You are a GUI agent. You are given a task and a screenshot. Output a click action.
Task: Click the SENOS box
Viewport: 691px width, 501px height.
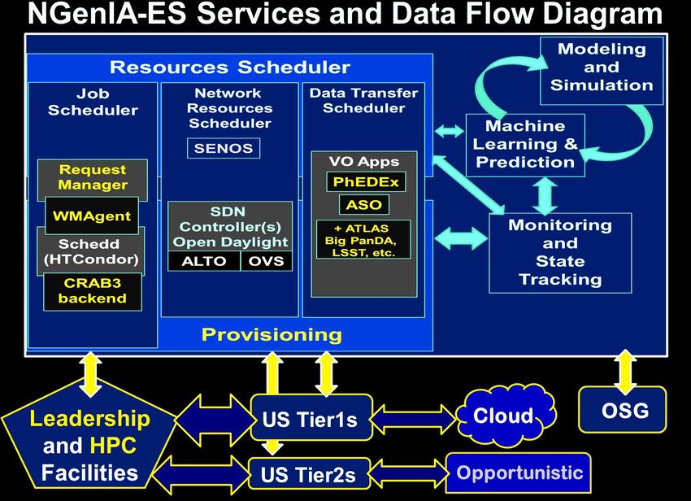[x=224, y=148]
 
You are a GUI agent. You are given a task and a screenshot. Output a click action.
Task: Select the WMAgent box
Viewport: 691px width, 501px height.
[x=92, y=216]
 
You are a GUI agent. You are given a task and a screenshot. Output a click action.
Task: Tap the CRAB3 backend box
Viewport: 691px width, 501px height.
[x=93, y=291]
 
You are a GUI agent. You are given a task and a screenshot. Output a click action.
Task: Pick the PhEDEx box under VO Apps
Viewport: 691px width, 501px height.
[x=366, y=181]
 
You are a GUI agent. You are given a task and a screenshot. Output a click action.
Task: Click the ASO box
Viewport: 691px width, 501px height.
[x=364, y=205]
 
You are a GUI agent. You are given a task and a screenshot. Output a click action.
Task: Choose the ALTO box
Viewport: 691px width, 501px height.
[x=203, y=261]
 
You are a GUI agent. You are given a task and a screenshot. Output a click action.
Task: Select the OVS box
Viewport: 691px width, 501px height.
[x=266, y=261]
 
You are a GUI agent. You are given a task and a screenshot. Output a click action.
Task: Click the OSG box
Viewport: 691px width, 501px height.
[x=623, y=410]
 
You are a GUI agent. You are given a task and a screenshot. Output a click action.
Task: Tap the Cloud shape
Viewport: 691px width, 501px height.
[x=506, y=415]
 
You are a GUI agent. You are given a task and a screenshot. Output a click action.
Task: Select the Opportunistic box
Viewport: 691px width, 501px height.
[x=519, y=473]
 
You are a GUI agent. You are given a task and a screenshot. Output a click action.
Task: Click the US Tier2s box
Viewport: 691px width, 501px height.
[x=309, y=474]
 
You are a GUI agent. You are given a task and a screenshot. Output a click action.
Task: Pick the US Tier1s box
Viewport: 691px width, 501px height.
[x=311, y=418]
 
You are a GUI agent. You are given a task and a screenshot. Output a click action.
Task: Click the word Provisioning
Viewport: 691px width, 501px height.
[x=272, y=335]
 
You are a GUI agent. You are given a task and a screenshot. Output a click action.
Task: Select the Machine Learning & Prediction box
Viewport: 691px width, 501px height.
[x=525, y=145]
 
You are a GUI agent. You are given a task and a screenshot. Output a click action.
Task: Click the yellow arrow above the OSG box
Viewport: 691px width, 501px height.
[x=625, y=372]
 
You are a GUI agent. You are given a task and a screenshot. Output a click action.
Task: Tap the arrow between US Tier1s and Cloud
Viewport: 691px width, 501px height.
[x=414, y=417]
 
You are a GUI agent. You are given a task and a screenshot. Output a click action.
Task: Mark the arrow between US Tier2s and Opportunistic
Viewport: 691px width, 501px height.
[x=407, y=473]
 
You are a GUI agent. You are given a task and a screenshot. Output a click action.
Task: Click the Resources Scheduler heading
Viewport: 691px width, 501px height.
[x=229, y=67]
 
